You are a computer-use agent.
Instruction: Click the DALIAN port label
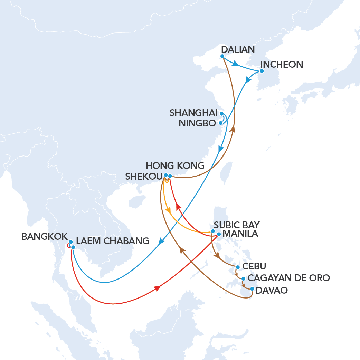coord(238,49)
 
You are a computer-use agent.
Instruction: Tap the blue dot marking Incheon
coord(262,71)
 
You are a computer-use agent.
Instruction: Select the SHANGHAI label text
coord(193,113)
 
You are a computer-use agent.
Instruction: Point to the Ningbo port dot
coord(221,123)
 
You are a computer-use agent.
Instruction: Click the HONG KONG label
coord(175,165)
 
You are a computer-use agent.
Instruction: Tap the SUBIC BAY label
coord(237,225)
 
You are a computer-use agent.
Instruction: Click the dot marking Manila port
coord(219,234)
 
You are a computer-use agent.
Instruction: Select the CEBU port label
coord(254,267)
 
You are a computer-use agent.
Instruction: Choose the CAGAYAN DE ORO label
coord(289,278)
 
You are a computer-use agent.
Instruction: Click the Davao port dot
coord(252,289)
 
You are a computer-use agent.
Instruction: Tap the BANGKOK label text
coord(44,237)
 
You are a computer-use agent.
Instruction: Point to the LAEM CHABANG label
coord(113,241)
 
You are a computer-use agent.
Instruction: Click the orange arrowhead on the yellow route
coord(169,210)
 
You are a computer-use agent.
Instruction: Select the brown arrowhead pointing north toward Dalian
coord(233,129)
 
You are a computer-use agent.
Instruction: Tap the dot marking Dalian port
coord(222,56)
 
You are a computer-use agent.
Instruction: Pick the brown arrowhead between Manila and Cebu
coord(217,256)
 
